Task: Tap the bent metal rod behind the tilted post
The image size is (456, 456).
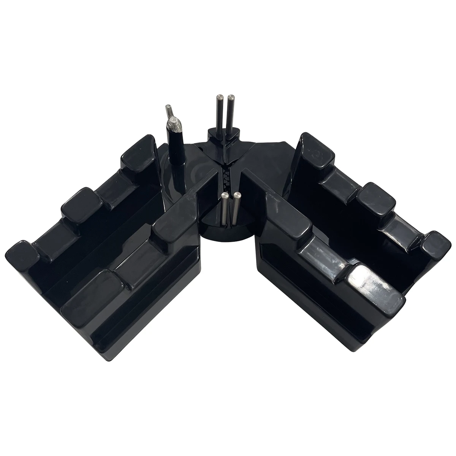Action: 168,112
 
